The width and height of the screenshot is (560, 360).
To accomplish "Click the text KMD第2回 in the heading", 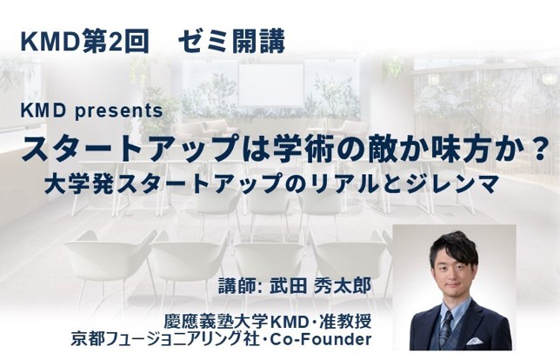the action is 85,41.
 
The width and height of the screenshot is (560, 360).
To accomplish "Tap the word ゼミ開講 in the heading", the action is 231,41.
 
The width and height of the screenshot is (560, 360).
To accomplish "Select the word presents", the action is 119,111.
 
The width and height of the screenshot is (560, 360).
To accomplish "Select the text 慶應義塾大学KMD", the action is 236,323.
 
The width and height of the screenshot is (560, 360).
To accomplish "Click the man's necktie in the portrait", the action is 446,330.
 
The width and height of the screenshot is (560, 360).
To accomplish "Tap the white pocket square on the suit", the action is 475,341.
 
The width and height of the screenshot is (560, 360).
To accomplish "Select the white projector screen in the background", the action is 271,85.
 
